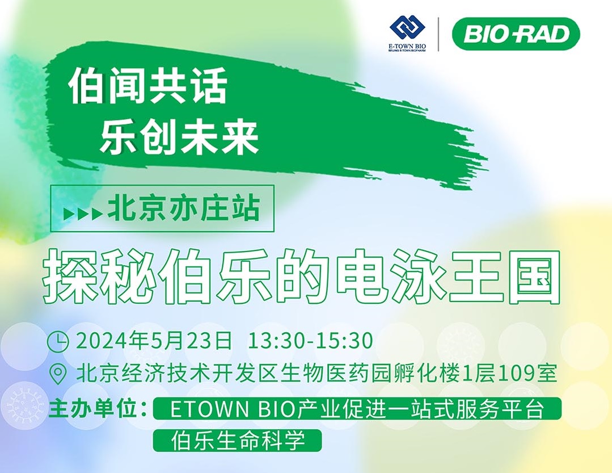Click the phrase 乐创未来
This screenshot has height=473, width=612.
coord(179,137)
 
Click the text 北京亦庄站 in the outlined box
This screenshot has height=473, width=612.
coord(183,208)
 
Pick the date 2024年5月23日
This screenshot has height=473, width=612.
coord(154,341)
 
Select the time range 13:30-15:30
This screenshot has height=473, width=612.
coord(310,341)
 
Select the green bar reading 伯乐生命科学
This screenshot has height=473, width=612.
coord(237,441)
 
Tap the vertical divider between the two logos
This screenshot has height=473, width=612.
coord(438,34)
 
